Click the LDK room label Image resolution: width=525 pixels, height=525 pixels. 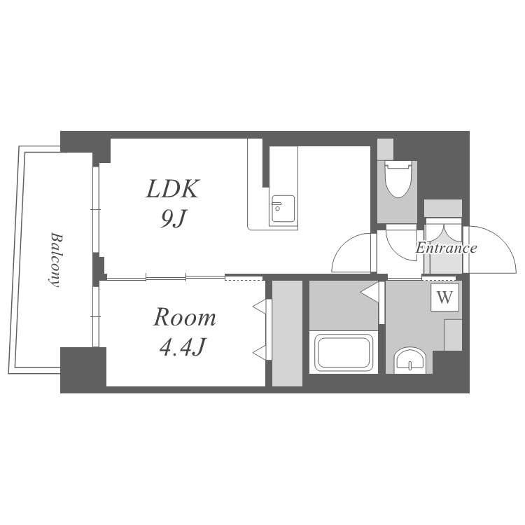point(172,188)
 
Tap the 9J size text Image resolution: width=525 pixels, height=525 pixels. point(173,218)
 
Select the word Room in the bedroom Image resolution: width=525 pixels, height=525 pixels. point(185,317)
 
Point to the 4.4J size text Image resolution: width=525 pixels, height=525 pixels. point(182,346)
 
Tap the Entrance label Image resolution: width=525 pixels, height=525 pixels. point(446,248)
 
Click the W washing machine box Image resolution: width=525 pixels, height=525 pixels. point(444,297)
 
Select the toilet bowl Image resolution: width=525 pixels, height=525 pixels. point(398,179)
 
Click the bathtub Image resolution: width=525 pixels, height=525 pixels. point(344,352)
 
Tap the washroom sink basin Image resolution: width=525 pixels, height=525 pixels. point(409,360)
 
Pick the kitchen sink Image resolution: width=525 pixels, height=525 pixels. point(283,209)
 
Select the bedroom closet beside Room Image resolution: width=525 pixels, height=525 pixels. point(287,333)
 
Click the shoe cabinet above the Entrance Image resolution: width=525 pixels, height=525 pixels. point(443,208)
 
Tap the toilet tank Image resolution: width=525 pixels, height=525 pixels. point(386,149)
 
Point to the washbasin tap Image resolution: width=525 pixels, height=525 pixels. point(409,365)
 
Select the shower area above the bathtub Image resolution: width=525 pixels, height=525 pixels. point(344,305)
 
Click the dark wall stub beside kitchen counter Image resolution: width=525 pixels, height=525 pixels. point(266,162)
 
